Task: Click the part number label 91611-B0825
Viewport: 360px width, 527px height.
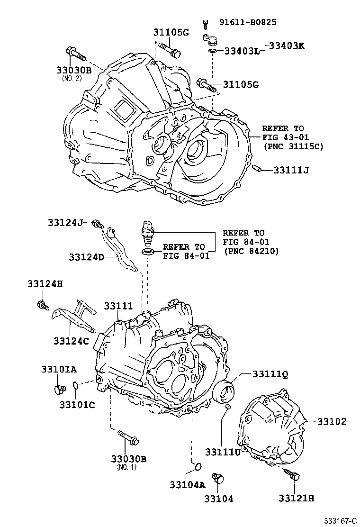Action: (247, 22)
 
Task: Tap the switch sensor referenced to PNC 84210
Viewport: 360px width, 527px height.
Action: (148, 229)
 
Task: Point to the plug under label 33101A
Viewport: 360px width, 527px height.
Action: (59, 390)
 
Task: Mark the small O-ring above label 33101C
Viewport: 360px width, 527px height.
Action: (77, 390)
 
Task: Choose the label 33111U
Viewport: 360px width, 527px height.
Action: (223, 451)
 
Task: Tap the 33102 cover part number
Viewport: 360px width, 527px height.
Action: (332, 421)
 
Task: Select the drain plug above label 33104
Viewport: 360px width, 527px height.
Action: (218, 479)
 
